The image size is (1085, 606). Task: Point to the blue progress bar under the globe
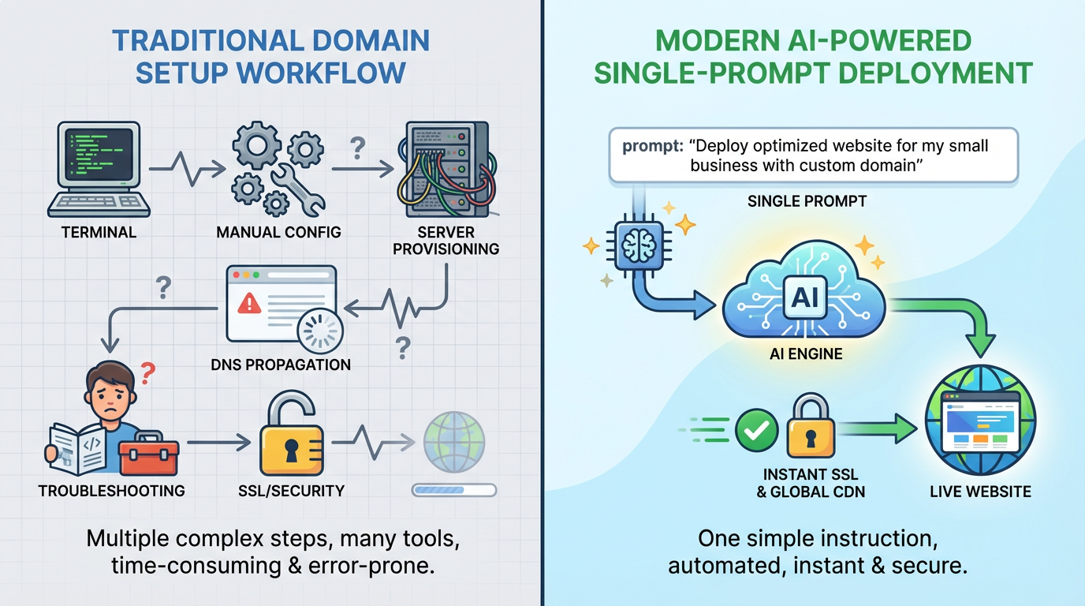[454, 491]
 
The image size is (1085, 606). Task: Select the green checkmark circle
[756, 432]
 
